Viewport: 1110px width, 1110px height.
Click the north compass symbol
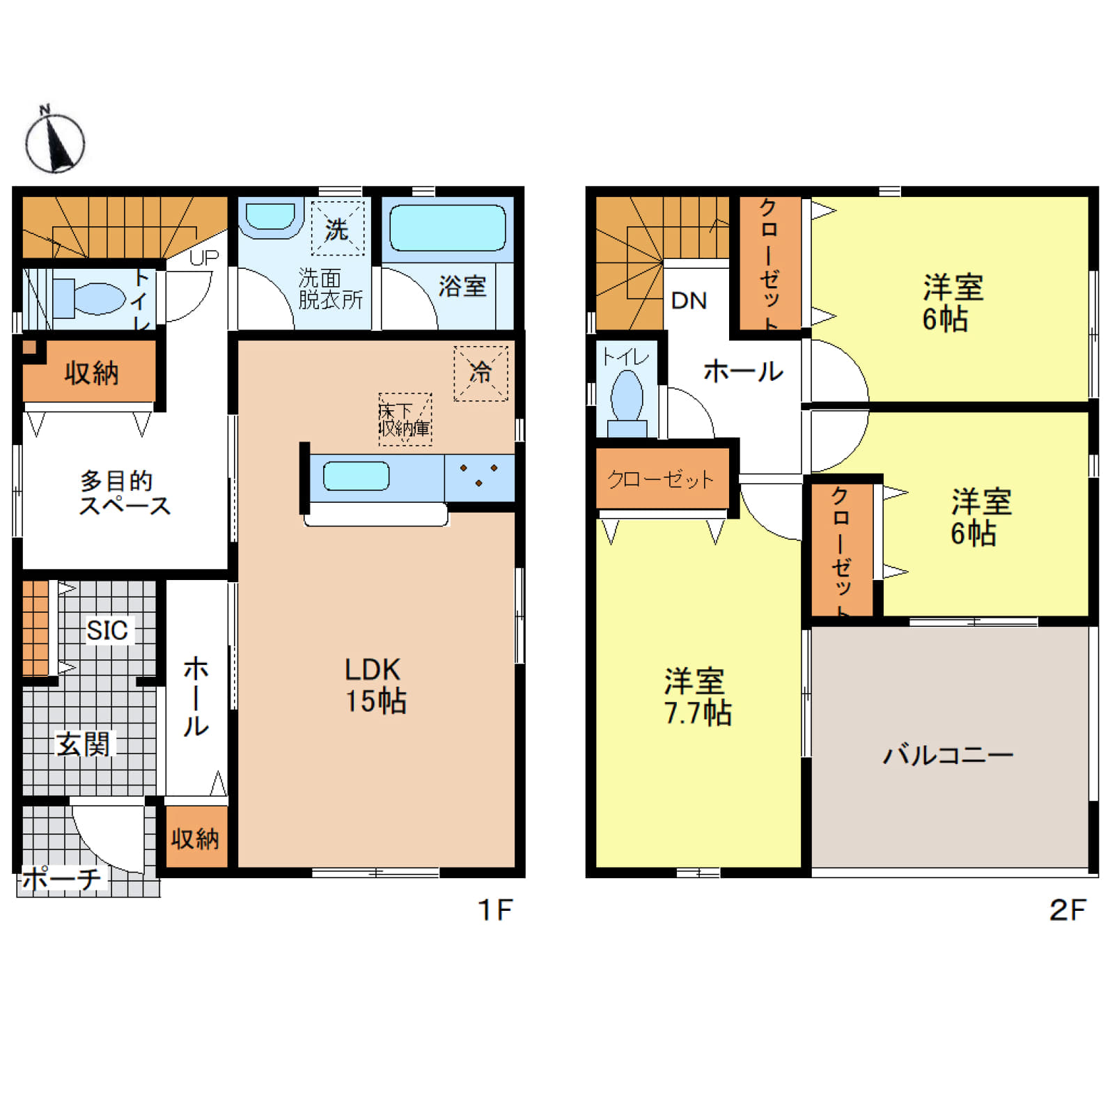tap(54, 143)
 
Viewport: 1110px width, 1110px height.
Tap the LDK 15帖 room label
tap(375, 685)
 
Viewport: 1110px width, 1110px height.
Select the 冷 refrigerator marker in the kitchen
tap(480, 373)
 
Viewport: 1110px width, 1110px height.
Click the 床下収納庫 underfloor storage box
tap(405, 419)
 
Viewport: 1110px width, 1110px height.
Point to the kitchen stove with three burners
tap(479, 477)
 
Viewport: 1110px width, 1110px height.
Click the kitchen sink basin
tap(357, 477)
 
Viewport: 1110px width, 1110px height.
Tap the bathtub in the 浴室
tap(448, 228)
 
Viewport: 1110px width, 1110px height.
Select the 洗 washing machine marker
tap(337, 228)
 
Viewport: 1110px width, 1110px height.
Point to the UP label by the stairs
tap(204, 258)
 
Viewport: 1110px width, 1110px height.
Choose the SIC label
tap(107, 630)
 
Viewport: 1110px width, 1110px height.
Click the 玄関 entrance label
tap(83, 744)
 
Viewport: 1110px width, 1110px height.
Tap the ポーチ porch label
tap(61, 879)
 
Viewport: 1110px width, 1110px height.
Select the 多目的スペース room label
tap(124, 493)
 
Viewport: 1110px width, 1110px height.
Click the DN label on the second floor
tap(689, 301)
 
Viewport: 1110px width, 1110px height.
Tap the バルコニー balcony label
tap(948, 755)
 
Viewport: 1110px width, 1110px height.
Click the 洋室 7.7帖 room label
tap(697, 697)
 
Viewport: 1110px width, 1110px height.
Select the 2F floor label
tap(1067, 910)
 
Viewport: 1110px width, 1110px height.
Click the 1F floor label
tap(495, 910)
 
